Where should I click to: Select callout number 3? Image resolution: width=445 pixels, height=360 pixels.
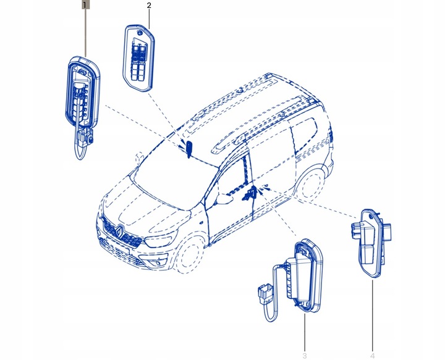point(304,355)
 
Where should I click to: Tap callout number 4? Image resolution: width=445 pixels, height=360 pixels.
point(372,355)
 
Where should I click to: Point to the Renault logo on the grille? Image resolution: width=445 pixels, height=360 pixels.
point(121,232)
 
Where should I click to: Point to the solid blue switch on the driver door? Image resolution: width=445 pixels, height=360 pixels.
point(190,148)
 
